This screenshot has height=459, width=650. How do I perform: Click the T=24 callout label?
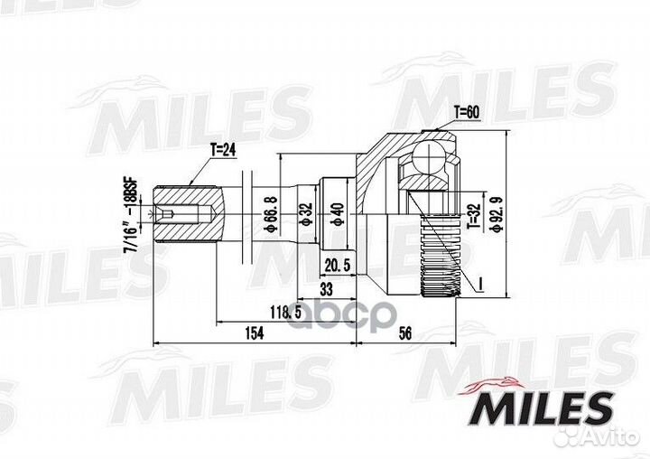(223, 150)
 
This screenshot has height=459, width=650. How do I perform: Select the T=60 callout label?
(467, 112)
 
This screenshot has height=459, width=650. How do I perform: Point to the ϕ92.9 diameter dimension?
(496, 214)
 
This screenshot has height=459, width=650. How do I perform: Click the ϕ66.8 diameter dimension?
(271, 214)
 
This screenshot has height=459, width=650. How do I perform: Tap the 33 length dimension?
(327, 289)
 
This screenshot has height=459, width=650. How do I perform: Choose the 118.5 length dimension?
(285, 312)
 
